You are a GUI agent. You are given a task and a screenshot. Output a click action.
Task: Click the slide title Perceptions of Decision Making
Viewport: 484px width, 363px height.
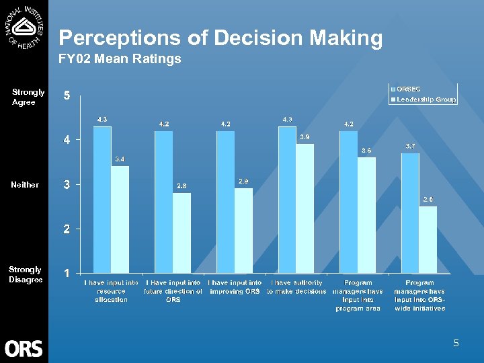[220, 38]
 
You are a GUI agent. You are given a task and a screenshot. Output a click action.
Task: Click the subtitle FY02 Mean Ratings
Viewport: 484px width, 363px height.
[120, 59]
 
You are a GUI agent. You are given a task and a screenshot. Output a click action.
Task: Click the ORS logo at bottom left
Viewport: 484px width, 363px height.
[24, 348]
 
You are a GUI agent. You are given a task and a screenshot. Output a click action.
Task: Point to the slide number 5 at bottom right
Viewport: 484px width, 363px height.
[456, 344]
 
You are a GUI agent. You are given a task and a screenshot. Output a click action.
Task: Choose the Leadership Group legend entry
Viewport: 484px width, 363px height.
[426, 99]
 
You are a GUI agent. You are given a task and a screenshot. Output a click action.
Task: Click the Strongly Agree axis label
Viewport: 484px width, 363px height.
[28, 97]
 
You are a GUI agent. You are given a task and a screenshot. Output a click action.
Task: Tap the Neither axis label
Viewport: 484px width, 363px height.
[25, 185]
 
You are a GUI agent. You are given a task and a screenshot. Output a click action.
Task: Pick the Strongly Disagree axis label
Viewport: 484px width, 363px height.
[26, 274]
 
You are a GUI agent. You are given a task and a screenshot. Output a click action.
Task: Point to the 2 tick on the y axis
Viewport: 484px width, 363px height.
[67, 229]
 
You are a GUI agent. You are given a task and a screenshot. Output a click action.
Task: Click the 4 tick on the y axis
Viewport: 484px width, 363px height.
[67, 140]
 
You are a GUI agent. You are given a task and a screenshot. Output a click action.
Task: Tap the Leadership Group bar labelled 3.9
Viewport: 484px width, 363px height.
[305, 208]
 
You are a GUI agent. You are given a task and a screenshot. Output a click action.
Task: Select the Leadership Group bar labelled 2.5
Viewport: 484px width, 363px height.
[428, 240]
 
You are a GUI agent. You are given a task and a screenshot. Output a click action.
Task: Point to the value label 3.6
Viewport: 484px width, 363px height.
[366, 150]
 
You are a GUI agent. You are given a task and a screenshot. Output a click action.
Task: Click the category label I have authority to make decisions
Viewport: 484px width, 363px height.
[296, 287]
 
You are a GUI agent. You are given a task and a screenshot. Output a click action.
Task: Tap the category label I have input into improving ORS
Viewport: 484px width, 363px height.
[235, 287]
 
